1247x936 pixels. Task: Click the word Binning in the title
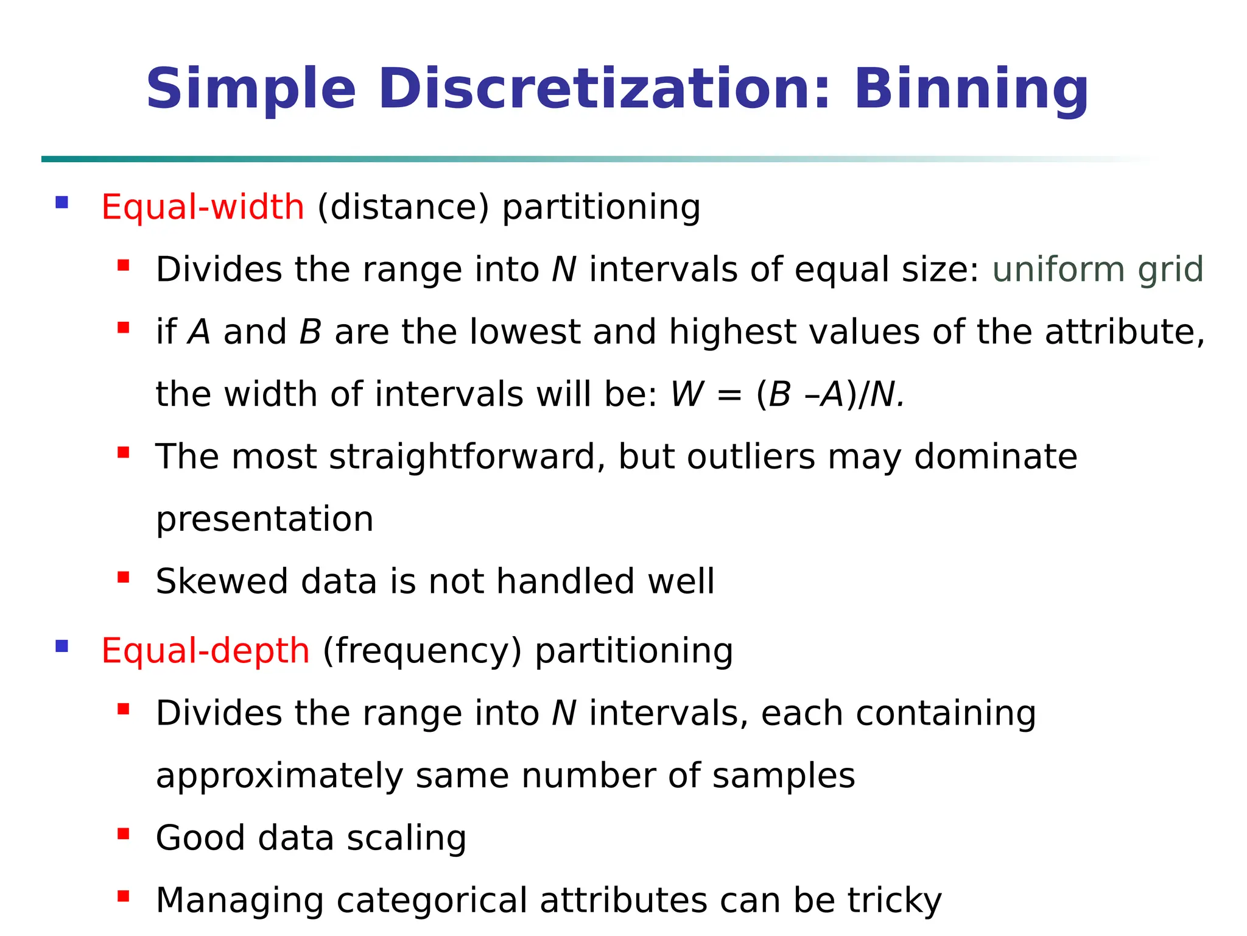(x=971, y=90)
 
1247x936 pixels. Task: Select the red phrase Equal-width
(x=202, y=207)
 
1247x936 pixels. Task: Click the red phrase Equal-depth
(x=205, y=651)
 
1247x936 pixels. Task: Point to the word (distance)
(x=403, y=207)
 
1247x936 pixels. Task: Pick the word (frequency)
(x=422, y=651)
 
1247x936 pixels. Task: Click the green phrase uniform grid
(x=1097, y=269)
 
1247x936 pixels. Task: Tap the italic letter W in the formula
(x=687, y=394)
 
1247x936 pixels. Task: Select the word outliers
(x=750, y=456)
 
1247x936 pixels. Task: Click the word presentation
(x=264, y=519)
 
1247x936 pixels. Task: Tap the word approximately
(x=279, y=776)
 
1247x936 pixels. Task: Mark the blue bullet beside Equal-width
(x=61, y=202)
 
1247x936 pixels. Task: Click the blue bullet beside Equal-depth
(x=61, y=646)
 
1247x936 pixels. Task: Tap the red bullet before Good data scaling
(x=124, y=834)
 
